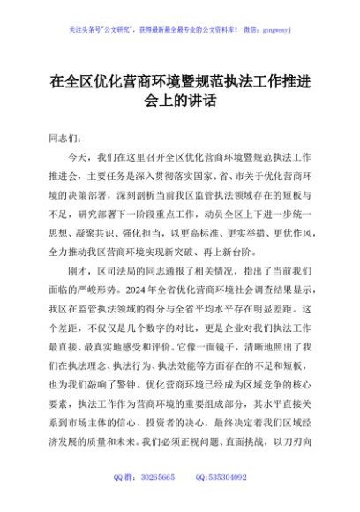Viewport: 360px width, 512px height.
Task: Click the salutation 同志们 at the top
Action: [x=66, y=139]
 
